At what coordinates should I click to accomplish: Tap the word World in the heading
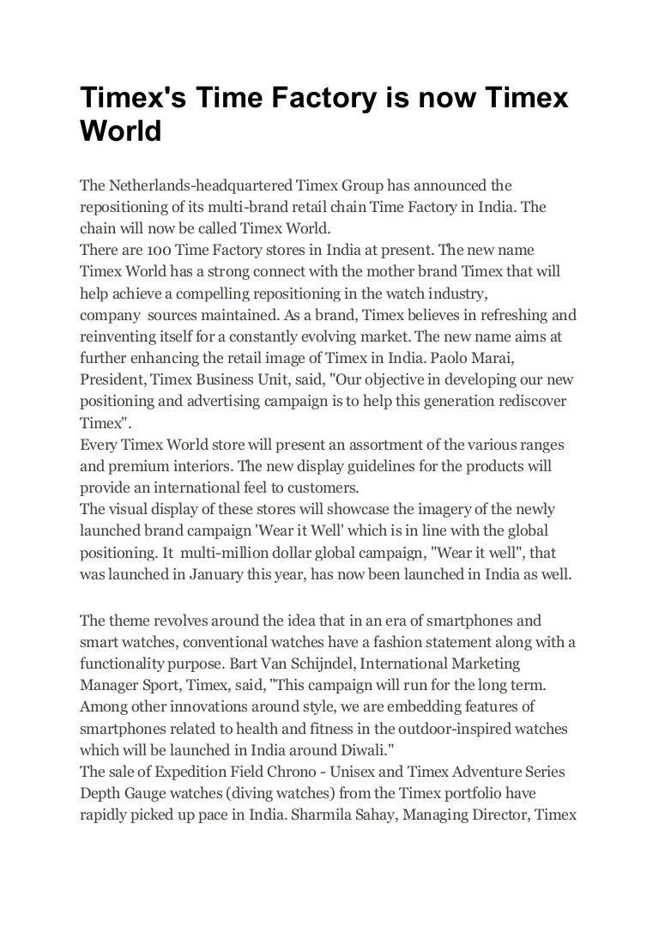[121, 131]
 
